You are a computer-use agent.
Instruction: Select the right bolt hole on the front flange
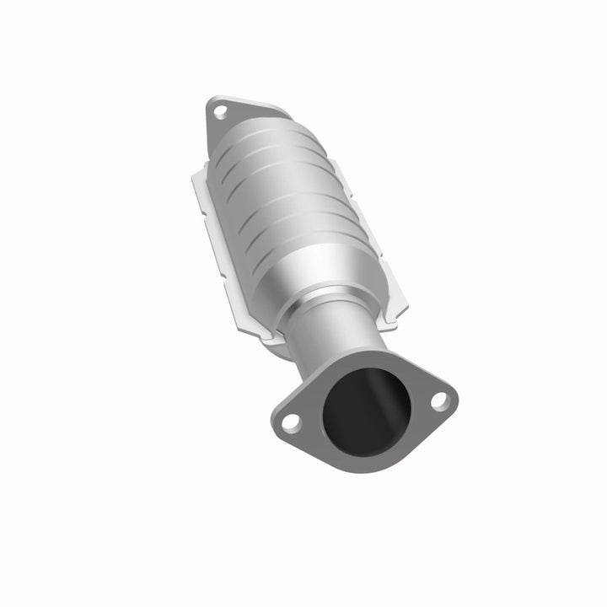439,401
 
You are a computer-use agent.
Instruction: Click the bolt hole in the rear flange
219,110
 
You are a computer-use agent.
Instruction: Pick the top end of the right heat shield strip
336,164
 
